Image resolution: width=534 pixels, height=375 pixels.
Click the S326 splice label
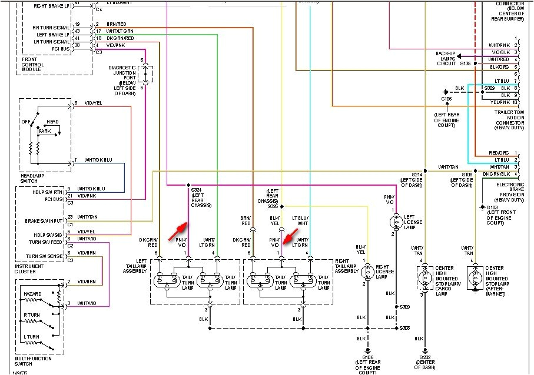[x=273, y=206]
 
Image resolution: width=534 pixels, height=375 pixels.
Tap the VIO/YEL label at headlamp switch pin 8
[x=93, y=103]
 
